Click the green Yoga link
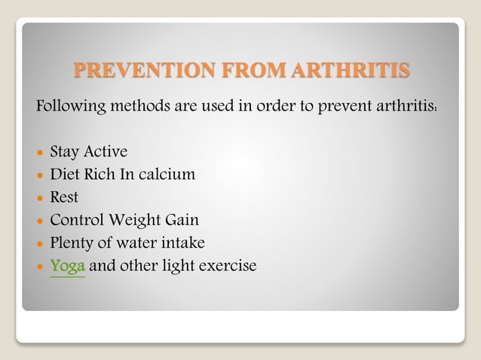point(67,266)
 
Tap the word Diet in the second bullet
point(65,175)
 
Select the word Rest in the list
point(64,197)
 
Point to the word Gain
point(183,220)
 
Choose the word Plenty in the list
point(72,243)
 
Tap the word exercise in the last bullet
point(227,266)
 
